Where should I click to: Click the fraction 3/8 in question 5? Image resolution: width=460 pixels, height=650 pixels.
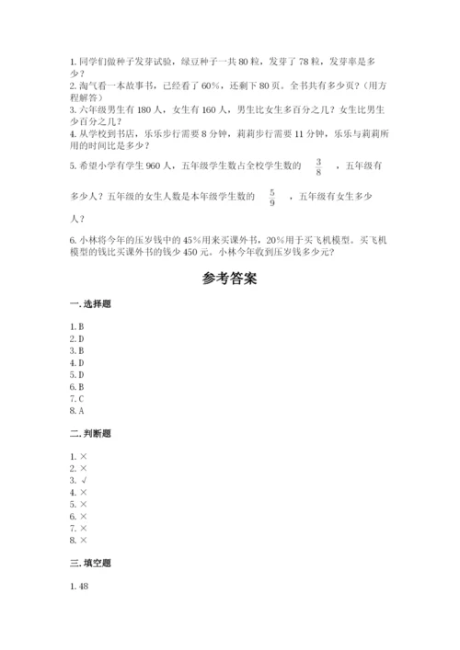318,166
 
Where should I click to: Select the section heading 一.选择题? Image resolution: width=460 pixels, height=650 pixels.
89,305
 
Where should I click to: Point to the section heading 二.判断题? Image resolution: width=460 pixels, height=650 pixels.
89,431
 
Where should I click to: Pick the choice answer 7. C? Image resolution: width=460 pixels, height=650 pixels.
77,400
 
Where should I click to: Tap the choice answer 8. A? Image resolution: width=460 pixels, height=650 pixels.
77,412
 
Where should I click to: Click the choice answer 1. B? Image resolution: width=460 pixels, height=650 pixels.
77,326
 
